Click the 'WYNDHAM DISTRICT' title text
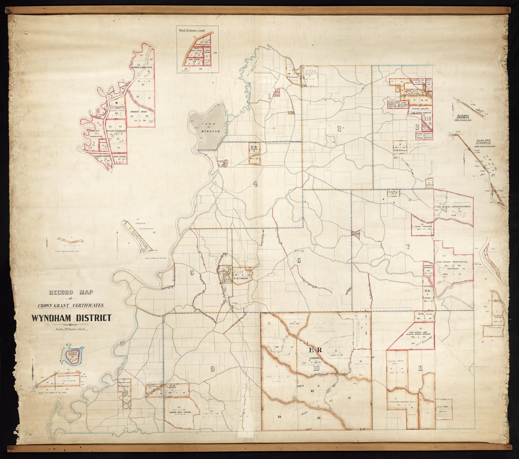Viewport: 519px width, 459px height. (71, 318)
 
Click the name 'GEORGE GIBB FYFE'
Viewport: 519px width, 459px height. (141, 67)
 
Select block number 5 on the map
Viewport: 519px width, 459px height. (192, 272)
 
